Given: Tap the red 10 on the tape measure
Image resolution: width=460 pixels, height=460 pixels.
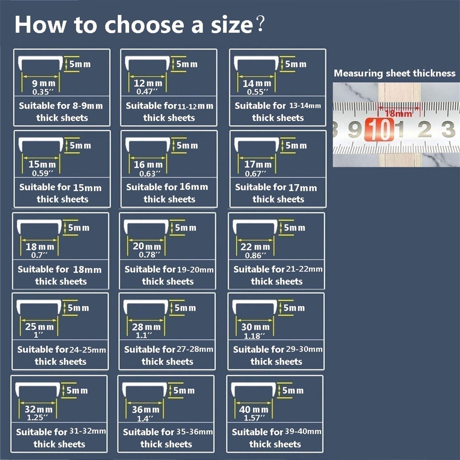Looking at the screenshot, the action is pos(379,130).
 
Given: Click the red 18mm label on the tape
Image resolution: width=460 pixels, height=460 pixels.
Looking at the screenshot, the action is pos(398,113).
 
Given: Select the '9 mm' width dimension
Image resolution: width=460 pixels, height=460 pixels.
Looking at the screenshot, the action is pos(43,83).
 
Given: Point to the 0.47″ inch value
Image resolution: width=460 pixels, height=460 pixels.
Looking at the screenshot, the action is pos(147,92).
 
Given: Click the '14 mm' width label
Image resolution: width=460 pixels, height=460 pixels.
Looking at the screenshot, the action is pos(257,83).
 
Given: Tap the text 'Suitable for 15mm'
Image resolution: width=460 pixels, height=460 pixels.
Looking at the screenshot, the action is pos(60,187).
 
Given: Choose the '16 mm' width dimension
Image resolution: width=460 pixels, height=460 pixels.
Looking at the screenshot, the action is pos(148,165).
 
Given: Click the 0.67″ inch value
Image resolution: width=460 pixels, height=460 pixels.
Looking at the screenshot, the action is pos(255,173).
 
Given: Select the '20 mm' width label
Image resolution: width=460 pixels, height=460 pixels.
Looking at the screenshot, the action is pos(147,246).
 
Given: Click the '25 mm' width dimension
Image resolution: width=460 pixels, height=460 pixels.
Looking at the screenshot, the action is pos(39,327).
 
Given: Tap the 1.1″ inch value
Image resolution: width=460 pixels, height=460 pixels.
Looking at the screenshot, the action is pos(143,335).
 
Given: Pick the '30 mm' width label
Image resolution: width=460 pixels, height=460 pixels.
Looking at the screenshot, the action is pos(255,327).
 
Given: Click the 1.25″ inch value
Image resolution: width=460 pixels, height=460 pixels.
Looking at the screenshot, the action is pos(37,417).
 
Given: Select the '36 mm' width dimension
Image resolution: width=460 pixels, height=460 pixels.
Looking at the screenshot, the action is pos(145,409).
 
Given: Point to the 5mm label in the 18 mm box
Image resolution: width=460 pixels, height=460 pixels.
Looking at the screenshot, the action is pos(79,228).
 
